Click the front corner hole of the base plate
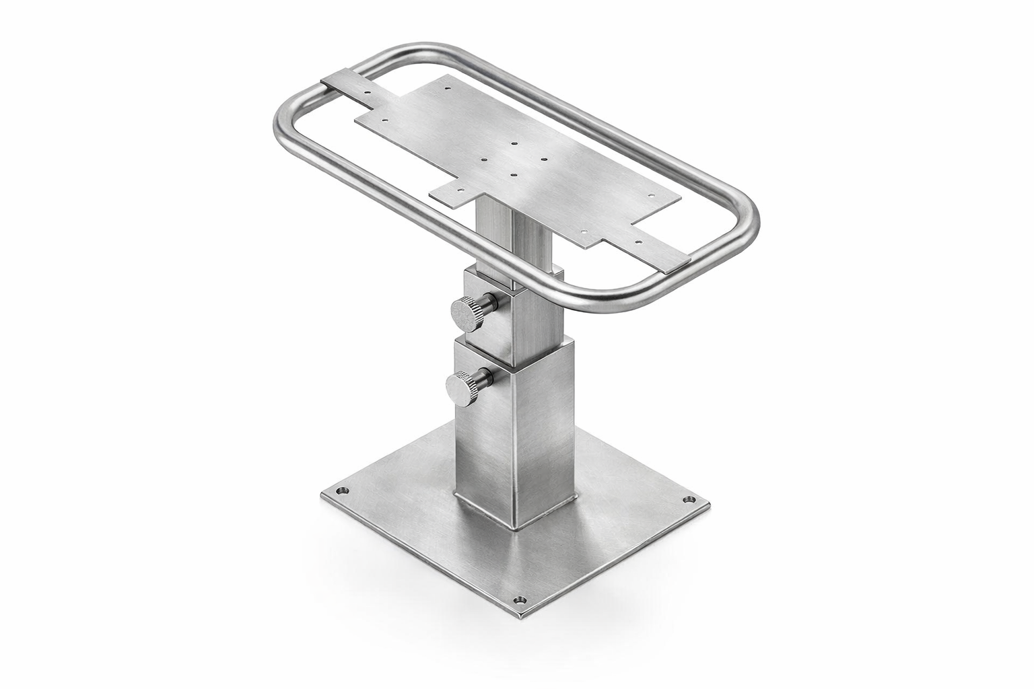click(x=518, y=600)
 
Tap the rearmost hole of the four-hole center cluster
click(x=514, y=144)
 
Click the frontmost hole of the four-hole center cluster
click(x=514, y=175)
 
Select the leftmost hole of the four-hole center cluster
click(x=484, y=160)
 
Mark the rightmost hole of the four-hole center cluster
click(x=544, y=159)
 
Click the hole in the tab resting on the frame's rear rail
click(x=367, y=92)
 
